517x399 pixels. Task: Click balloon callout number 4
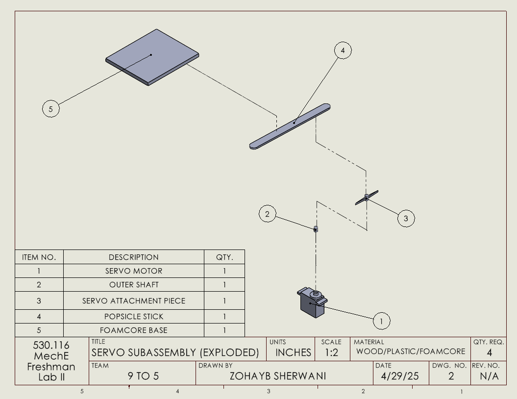click(x=343, y=50)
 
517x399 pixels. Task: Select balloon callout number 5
click(x=51, y=108)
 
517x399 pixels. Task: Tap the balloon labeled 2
click(x=267, y=214)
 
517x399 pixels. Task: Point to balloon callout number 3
click(x=406, y=218)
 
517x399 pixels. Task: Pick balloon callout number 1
click(x=381, y=321)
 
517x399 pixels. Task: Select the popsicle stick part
click(x=290, y=126)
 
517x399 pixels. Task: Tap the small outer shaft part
click(x=316, y=228)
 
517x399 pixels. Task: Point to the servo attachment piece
click(x=367, y=197)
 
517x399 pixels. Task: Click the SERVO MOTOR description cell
click(x=134, y=271)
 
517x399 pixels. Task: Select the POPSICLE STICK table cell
click(x=134, y=317)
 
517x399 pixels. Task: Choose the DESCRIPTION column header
click(x=134, y=257)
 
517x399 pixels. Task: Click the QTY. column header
click(x=224, y=257)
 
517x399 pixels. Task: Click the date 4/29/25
click(x=400, y=376)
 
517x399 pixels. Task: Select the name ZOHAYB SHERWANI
click(x=278, y=376)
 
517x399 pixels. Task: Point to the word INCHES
click(x=293, y=352)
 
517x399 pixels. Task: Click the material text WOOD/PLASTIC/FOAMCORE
click(x=411, y=351)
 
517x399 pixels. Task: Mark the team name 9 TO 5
click(x=143, y=376)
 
